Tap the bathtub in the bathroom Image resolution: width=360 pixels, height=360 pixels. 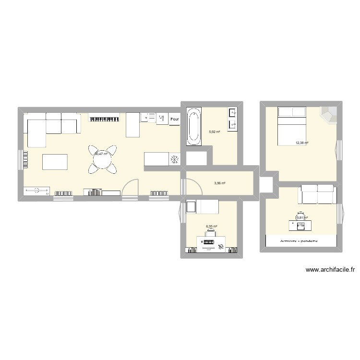tap(193, 127)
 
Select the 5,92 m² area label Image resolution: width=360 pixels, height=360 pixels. tap(214, 132)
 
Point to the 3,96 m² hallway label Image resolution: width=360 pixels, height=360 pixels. tap(220, 182)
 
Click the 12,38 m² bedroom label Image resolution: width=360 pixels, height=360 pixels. tap(302, 143)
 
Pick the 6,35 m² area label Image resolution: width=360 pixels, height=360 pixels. tap(212, 227)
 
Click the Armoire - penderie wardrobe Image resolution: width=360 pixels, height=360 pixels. tap(301, 241)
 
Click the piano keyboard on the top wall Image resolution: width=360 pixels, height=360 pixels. tap(103, 118)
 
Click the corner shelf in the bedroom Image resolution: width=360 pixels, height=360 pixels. tap(329, 115)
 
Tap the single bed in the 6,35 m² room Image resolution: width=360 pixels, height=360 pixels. tap(203, 206)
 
